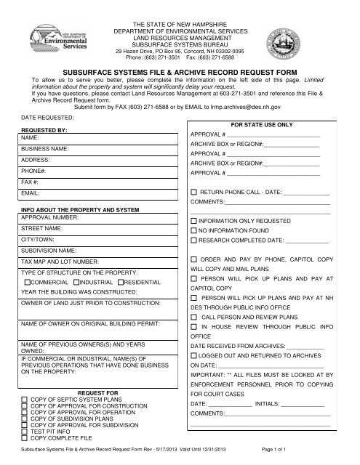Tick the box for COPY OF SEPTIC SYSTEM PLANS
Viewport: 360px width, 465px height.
[25, 400]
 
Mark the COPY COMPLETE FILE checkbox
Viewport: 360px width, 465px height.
[25, 440]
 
